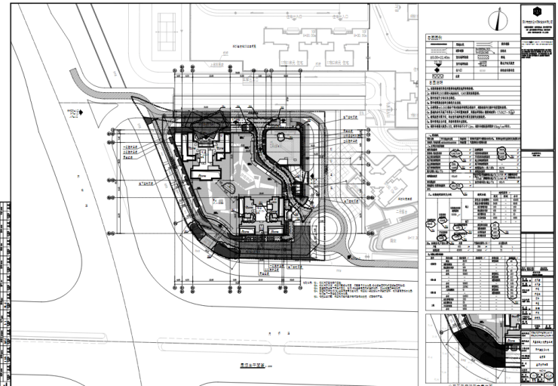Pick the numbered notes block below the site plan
[x=354, y=290]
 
